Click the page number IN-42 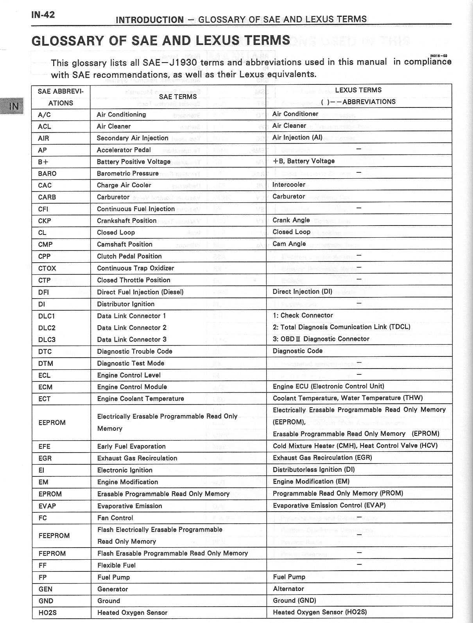click(x=43, y=15)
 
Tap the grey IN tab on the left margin click(x=13, y=106)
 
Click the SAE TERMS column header click(x=178, y=97)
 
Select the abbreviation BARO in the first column click(x=47, y=174)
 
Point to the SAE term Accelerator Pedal click(x=124, y=150)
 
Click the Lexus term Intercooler click(x=288, y=184)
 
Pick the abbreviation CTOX click(x=47, y=268)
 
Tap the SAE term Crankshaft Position click(x=127, y=220)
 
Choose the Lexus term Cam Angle click(x=289, y=243)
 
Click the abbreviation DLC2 click(x=47, y=328)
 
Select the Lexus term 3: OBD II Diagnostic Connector click(x=321, y=339)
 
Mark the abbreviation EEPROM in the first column click(x=52, y=422)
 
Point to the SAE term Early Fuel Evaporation click(x=131, y=446)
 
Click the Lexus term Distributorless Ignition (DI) click(x=314, y=469)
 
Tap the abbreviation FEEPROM click(x=55, y=535)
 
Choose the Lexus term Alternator click(x=288, y=589)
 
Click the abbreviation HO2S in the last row click(x=48, y=612)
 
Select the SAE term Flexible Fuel click(x=116, y=565)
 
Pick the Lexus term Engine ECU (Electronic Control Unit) click(x=328, y=386)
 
